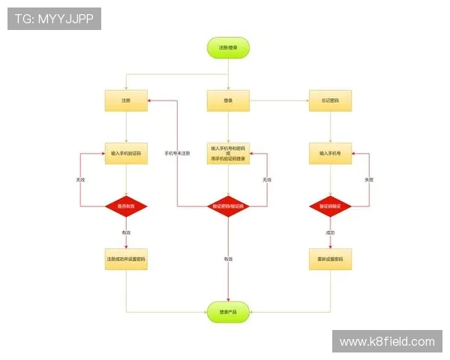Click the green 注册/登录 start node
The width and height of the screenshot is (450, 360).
pyautogui.click(x=228, y=48)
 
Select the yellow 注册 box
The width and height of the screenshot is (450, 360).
pyautogui.click(x=126, y=100)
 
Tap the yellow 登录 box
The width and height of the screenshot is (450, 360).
pyautogui.click(x=228, y=100)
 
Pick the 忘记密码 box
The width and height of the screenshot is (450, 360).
pyautogui.click(x=330, y=100)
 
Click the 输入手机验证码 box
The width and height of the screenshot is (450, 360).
pyautogui.click(x=126, y=153)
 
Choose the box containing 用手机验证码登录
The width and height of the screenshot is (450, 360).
pyautogui.click(x=228, y=153)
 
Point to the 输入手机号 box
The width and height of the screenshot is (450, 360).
pyautogui.click(x=330, y=153)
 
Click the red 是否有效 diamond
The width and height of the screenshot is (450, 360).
pyautogui.click(x=126, y=205)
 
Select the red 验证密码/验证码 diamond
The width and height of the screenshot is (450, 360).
pyautogui.click(x=228, y=205)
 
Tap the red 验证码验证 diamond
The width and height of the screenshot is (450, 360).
pyautogui.click(x=330, y=205)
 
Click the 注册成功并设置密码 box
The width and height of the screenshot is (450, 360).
pyautogui.click(x=126, y=259)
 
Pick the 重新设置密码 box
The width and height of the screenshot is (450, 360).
pyautogui.click(x=330, y=259)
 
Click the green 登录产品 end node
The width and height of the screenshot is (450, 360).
pyautogui.click(x=228, y=311)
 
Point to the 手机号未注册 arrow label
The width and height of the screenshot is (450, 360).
pyautogui.click(x=177, y=153)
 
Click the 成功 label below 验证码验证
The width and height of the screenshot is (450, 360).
pyautogui.click(x=330, y=232)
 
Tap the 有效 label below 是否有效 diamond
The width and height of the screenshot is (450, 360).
pyautogui.click(x=126, y=232)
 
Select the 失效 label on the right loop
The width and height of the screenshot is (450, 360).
pyautogui.click(x=369, y=180)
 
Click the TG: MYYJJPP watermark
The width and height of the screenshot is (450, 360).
pyautogui.click(x=54, y=19)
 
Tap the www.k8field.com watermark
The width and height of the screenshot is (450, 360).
pyautogui.click(x=386, y=342)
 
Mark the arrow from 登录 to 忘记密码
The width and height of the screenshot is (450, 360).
pyautogui.click(x=279, y=100)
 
